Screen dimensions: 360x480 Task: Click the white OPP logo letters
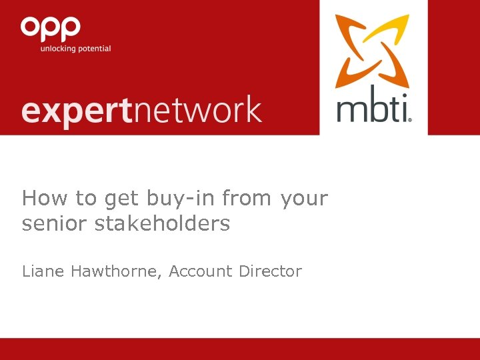[51, 28]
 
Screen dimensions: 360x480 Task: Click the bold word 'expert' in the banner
[77, 111]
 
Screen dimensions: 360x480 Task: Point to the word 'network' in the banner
[197, 109]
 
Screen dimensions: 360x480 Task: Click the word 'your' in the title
[305, 199]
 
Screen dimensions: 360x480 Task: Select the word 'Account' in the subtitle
[199, 271]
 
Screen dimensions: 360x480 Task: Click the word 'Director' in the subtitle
[271, 271]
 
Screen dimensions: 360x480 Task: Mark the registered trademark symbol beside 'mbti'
[409, 119]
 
